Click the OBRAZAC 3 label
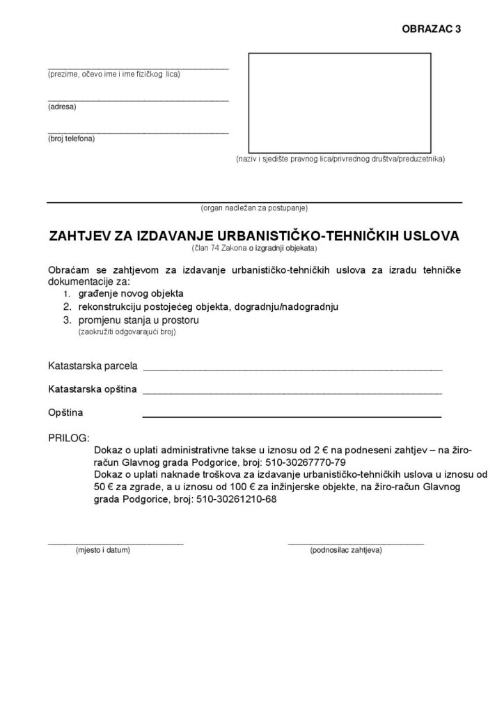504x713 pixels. click(431, 29)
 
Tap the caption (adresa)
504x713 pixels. click(62, 107)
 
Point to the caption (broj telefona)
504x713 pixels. click(71, 139)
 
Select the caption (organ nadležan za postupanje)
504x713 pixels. click(254, 207)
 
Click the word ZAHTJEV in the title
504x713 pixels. click(81, 235)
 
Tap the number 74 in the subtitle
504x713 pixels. click(216, 248)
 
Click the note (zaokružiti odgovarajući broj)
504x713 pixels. click(127, 332)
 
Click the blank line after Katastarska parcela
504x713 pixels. click(292, 368)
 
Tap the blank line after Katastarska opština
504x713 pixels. click(292, 391)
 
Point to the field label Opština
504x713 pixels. click(65, 413)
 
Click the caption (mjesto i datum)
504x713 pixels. click(103, 550)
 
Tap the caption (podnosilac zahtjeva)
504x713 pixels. click(345, 550)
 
